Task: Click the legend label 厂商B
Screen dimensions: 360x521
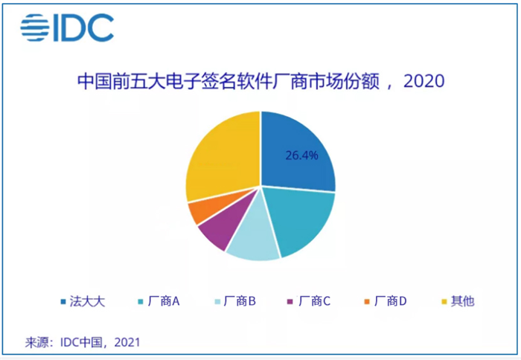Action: (242, 302)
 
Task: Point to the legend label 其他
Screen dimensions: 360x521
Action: (462, 302)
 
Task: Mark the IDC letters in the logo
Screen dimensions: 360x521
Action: (83, 28)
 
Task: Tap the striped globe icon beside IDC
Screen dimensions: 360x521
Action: (33, 28)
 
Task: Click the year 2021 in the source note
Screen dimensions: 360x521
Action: (125, 342)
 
